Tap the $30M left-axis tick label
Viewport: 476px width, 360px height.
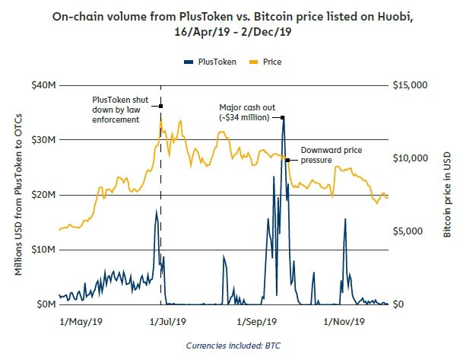click(x=43, y=140)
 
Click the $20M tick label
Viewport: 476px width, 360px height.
click(x=43, y=195)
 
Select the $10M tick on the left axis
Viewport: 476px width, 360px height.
click(x=43, y=250)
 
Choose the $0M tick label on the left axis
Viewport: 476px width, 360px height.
click(x=45, y=304)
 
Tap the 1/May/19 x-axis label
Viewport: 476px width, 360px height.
click(x=81, y=320)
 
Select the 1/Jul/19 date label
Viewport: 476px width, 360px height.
click(x=163, y=320)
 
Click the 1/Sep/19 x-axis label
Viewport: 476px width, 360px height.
click(x=255, y=320)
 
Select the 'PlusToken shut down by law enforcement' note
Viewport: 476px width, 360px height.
click(x=120, y=110)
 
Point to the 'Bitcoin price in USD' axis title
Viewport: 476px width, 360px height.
click(x=448, y=195)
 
